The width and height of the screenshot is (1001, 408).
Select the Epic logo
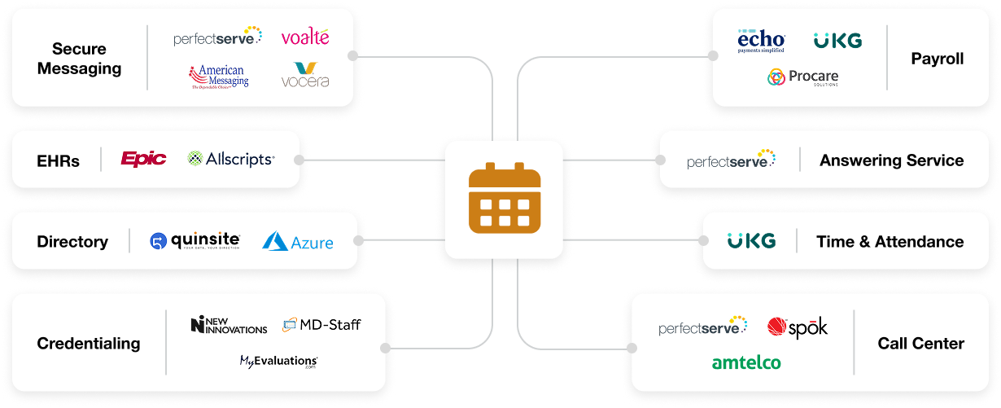click(143, 159)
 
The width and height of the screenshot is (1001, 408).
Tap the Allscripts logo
click(231, 159)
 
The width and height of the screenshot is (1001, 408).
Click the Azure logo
click(298, 241)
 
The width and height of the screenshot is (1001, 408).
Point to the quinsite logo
click(195, 241)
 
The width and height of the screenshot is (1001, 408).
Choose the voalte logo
click(305, 37)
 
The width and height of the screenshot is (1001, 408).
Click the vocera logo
click(305, 75)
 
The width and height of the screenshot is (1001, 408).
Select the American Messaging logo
click(219, 77)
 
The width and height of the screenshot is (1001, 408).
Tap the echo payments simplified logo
click(761, 41)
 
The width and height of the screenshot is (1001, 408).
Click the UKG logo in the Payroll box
click(837, 41)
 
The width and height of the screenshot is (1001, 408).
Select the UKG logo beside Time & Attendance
click(751, 241)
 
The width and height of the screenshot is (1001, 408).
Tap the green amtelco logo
click(746, 362)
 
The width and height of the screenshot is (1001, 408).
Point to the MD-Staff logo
click(321, 325)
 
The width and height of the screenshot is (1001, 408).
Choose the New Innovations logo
click(229, 325)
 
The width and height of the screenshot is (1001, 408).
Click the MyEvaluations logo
click(278, 361)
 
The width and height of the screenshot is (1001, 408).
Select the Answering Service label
click(891, 160)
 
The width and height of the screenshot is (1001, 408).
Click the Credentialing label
click(89, 344)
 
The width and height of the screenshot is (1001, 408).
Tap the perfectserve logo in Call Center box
click(703, 327)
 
